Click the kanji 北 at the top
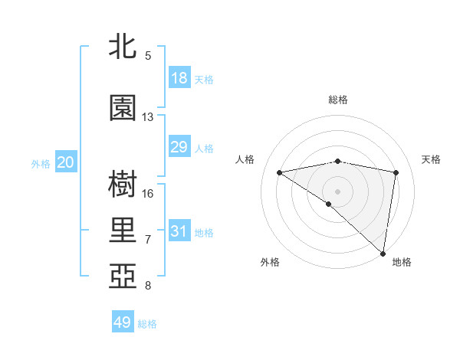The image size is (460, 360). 123,47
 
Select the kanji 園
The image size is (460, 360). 123,109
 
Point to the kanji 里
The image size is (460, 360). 123,230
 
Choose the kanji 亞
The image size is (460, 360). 123,275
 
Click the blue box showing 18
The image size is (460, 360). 179,78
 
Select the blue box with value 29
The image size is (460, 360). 179,147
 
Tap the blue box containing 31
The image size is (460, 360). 179,231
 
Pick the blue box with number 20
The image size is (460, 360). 66,162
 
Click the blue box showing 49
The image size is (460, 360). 123,322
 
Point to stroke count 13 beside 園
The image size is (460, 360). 148,117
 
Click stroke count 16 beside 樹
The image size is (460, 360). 148,193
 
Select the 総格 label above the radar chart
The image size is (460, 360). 338,100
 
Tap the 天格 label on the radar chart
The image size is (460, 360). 431,159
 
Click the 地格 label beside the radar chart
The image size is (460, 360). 402,262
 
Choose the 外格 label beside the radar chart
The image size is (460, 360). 270,262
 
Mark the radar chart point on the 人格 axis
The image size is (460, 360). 279,172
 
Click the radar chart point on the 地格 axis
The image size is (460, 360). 383,253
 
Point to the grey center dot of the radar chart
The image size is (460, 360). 337,191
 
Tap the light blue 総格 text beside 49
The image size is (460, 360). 147,324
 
